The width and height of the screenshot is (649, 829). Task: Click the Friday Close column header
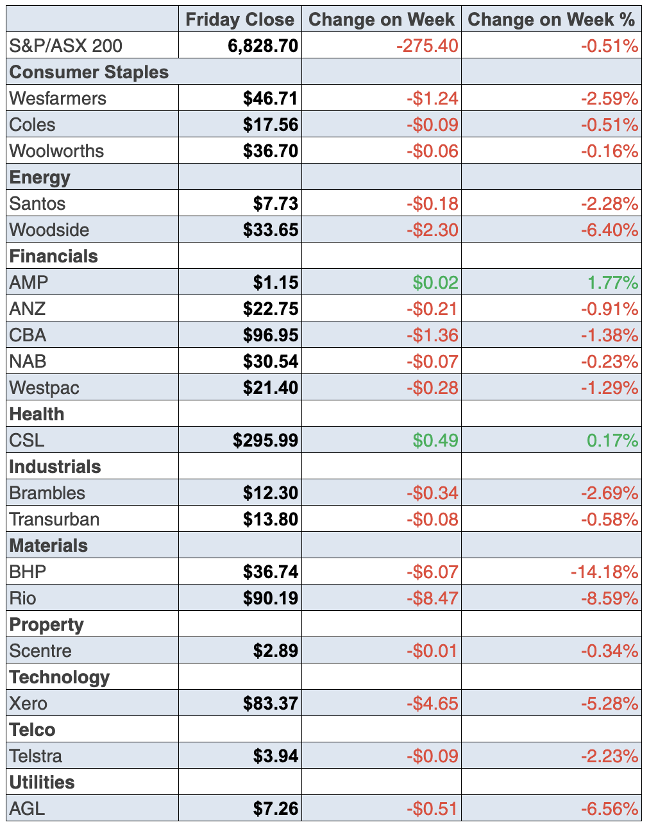[x=240, y=19]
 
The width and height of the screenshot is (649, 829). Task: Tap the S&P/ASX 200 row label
[x=66, y=46]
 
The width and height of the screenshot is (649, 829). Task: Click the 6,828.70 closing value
[x=263, y=46]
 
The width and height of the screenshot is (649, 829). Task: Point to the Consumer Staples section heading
[x=89, y=72]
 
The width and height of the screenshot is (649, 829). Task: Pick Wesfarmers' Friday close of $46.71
[x=271, y=98]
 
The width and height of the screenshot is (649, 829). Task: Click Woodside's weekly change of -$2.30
[x=432, y=230]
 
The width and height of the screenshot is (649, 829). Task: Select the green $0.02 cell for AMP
[x=435, y=282]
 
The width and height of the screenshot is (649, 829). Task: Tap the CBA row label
[x=28, y=335]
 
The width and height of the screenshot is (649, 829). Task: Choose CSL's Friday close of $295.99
[x=265, y=440]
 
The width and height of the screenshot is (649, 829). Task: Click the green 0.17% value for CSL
[x=612, y=440]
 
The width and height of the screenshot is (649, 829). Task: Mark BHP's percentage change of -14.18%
[x=604, y=572]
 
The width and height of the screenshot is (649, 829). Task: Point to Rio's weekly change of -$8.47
[x=432, y=598]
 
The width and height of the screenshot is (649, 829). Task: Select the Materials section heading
[x=49, y=545]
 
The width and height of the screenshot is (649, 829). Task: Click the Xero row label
[x=29, y=703]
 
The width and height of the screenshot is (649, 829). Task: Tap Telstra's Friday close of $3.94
[x=276, y=756]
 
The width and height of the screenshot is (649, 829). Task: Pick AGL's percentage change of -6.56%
[x=609, y=808]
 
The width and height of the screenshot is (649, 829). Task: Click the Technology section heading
[x=60, y=677]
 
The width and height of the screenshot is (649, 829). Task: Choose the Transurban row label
[x=55, y=519]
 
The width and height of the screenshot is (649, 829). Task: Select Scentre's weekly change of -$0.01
[x=432, y=651]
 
